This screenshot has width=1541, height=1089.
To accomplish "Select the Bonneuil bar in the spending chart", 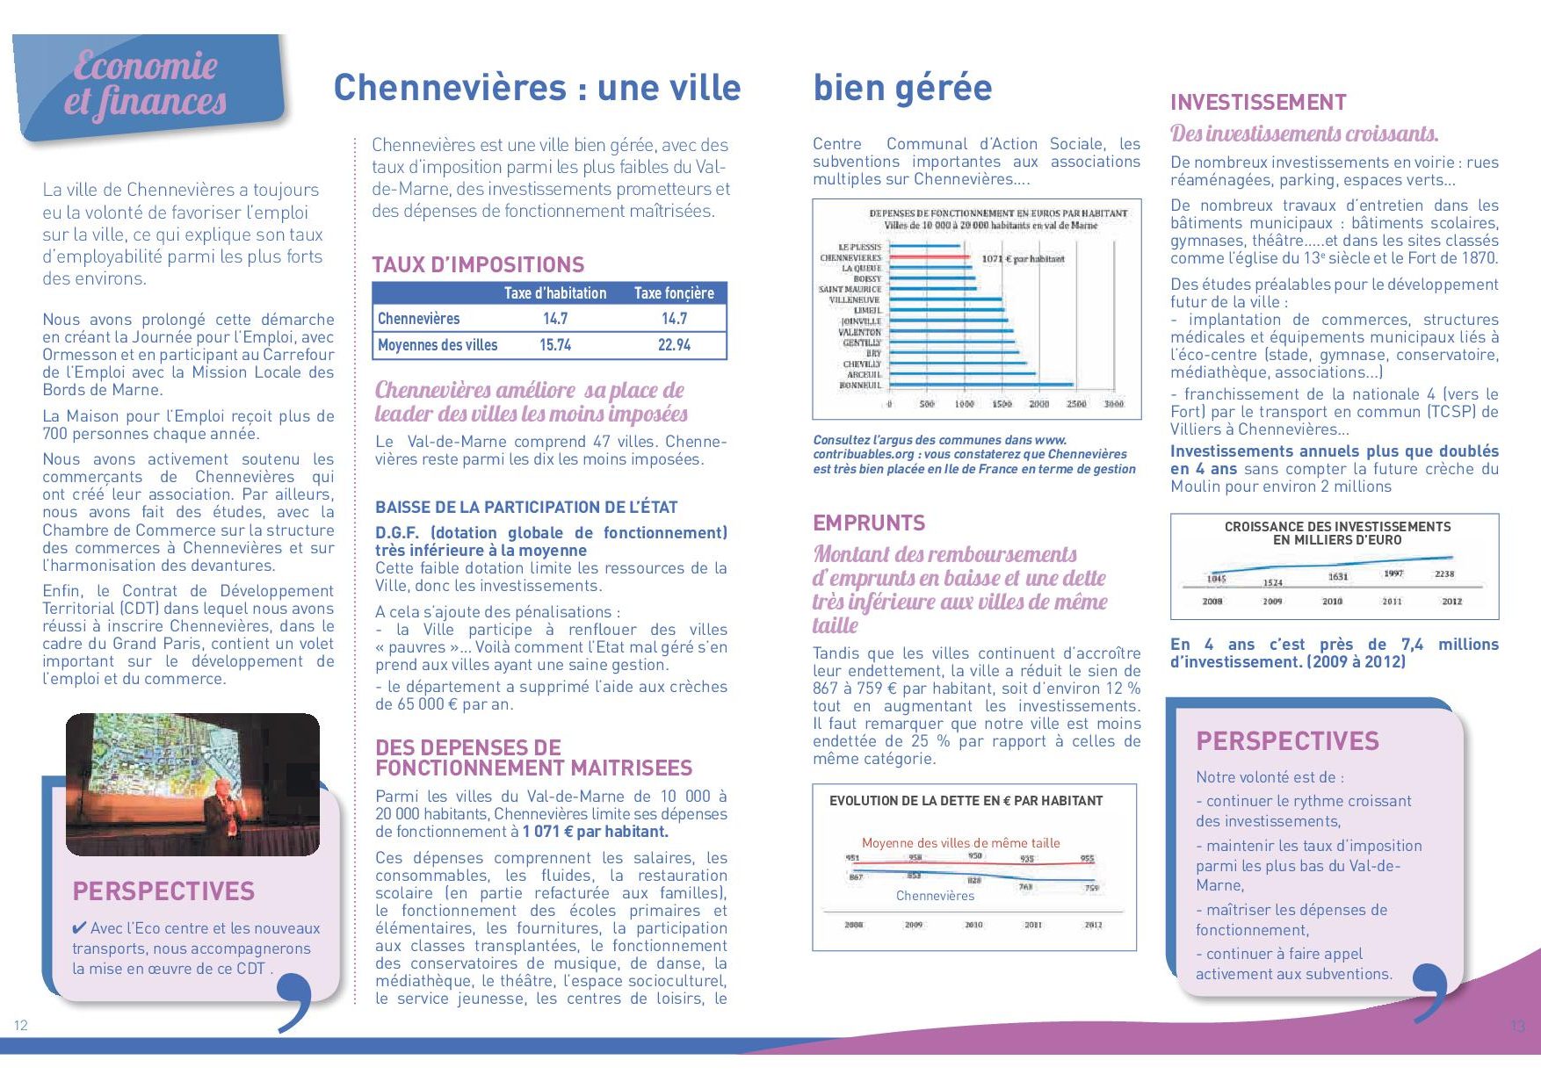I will coord(980,385).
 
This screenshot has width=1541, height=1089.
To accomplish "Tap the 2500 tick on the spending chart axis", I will coord(1076,404).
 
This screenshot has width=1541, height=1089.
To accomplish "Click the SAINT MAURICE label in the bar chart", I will coord(850,289).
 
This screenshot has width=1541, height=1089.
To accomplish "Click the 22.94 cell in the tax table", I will coord(674,345).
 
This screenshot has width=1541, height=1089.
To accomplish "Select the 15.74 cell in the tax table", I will coord(555,345).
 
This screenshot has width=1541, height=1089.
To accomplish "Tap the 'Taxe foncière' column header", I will coord(674,293).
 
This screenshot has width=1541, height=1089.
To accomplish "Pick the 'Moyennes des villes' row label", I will coord(438,345).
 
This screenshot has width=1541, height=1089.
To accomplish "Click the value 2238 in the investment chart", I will coord(1444,573).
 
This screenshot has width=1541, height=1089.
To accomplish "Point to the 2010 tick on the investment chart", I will coord(1332,602).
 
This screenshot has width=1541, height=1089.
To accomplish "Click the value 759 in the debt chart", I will coord(1091,888).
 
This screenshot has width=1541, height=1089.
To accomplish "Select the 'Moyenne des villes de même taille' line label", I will coord(960,843).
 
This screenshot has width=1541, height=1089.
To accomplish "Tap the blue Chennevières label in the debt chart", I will coord(935,896).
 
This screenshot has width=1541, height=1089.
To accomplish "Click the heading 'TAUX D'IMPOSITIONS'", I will coord(478,265).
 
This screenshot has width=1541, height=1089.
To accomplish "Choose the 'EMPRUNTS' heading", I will coord(869,523).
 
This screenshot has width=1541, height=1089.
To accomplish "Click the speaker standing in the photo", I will coord(221,812).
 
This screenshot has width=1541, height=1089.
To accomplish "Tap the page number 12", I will coord(21,1025).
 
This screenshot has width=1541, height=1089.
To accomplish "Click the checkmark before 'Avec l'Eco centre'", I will coord(79,928).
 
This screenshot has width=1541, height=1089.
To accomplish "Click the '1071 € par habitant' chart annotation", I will coord(1023,259).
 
